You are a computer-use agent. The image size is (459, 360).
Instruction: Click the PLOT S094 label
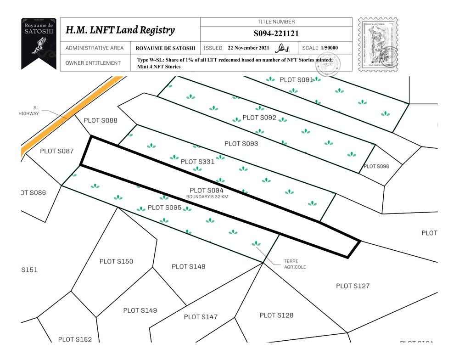pyautogui.click(x=206, y=190)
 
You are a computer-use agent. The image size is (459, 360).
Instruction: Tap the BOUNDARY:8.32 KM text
pyautogui.click(x=207, y=197)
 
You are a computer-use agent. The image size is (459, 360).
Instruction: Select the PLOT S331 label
pyautogui.click(x=197, y=162)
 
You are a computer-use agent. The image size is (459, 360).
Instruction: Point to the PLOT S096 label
pyautogui.click(x=376, y=166)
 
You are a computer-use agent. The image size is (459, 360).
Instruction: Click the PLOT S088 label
pyautogui.click(x=101, y=121)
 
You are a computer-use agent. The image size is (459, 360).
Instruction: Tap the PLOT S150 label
pyautogui.click(x=116, y=262)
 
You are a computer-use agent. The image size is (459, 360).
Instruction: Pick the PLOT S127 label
pyautogui.click(x=353, y=286)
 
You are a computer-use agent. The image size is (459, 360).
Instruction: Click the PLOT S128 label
pyautogui.click(x=276, y=315)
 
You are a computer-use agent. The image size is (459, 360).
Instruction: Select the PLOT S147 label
pyautogui.click(x=201, y=317)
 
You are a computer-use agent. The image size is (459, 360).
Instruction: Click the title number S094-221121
pyautogui.click(x=276, y=34)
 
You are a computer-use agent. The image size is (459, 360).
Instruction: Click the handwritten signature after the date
pyautogui.click(x=283, y=48)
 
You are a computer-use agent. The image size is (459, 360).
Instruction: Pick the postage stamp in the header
pyautogui.click(x=378, y=45)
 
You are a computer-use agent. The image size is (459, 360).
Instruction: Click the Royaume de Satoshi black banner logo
pyautogui.click(x=39, y=44)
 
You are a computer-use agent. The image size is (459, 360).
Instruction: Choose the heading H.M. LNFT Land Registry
pyautogui.click(x=120, y=30)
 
